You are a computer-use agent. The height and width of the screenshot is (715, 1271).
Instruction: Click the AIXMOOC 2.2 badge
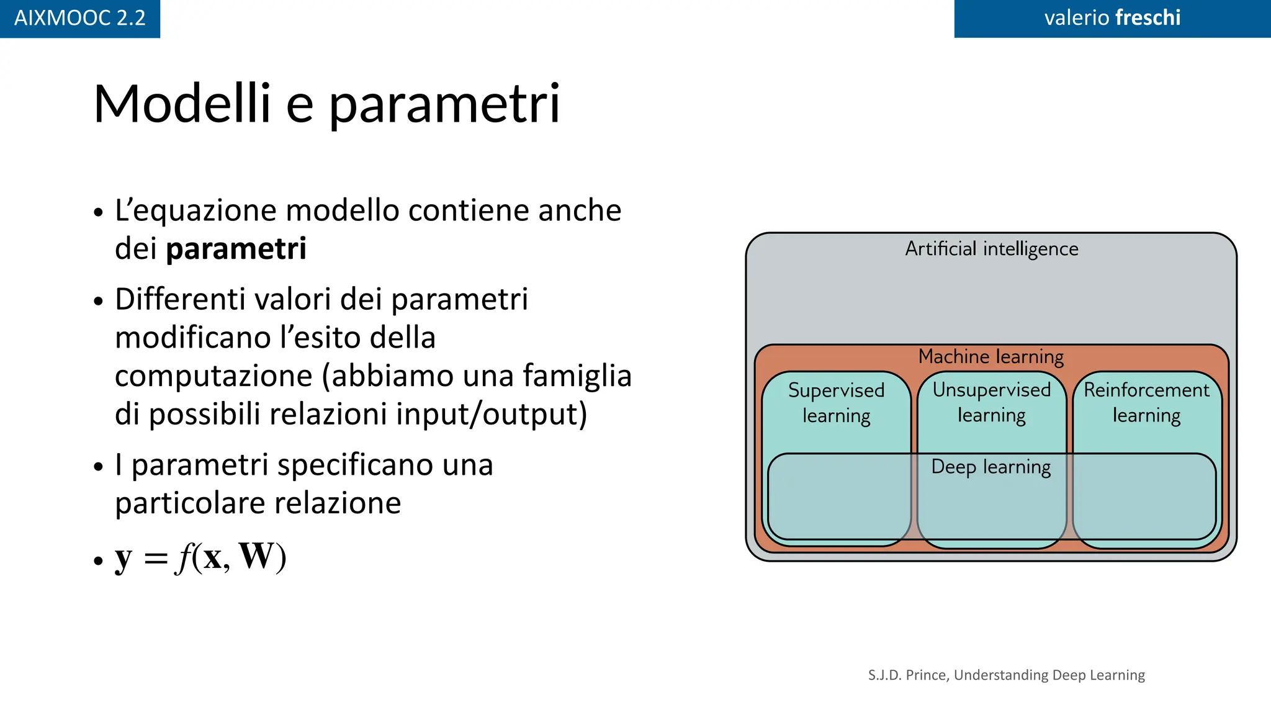(x=79, y=18)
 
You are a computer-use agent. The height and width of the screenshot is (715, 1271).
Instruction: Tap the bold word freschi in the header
(x=1147, y=17)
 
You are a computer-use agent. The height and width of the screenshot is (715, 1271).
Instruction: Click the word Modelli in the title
(x=182, y=104)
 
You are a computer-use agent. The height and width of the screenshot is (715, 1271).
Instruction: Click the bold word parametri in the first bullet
(x=236, y=249)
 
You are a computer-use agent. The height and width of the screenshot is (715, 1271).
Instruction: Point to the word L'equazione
(x=197, y=211)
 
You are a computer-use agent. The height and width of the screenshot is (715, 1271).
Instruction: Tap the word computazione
(x=213, y=376)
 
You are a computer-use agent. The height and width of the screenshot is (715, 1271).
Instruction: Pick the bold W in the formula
(x=256, y=557)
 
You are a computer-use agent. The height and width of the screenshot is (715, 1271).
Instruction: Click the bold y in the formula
(x=124, y=558)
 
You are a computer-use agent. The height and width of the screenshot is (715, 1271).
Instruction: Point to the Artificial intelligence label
(x=991, y=249)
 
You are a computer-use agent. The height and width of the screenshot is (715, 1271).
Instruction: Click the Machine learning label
(x=991, y=357)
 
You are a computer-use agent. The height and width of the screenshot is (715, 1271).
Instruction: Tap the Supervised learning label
(x=836, y=403)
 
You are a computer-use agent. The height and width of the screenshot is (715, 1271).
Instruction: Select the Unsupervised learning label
(x=991, y=402)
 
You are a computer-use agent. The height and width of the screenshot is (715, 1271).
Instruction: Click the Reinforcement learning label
(x=1146, y=402)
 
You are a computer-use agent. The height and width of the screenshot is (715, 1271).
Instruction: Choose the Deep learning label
(x=991, y=467)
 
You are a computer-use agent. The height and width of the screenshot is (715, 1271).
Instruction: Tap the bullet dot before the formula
(x=98, y=561)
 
